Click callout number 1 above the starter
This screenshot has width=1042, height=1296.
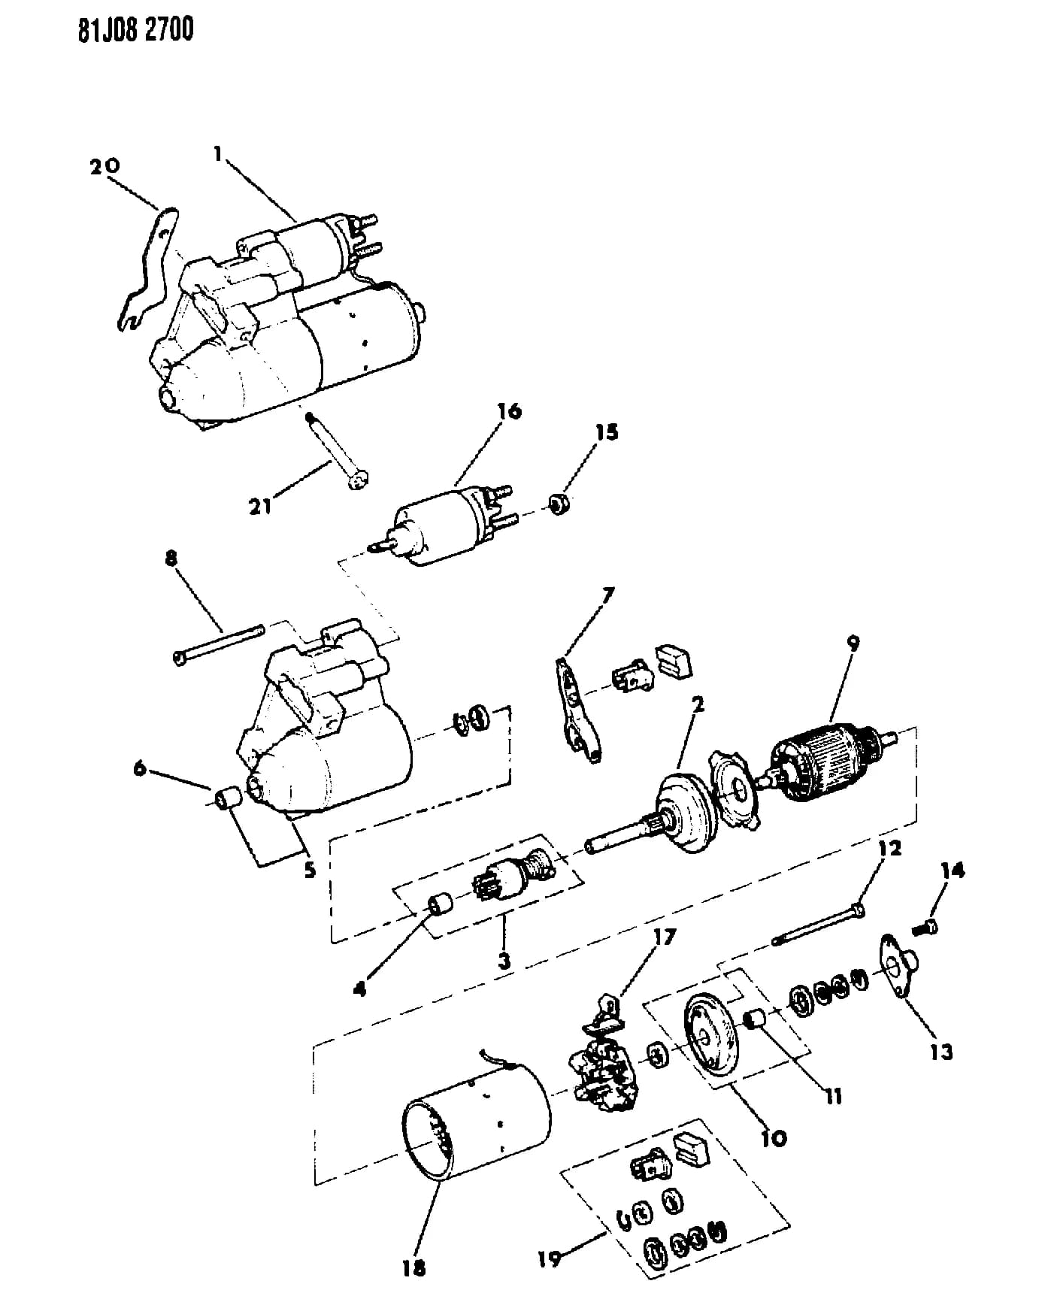(217, 154)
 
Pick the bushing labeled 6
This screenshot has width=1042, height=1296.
(226, 800)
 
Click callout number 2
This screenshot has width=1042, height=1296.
(698, 704)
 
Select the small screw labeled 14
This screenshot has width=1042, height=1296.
(925, 928)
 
